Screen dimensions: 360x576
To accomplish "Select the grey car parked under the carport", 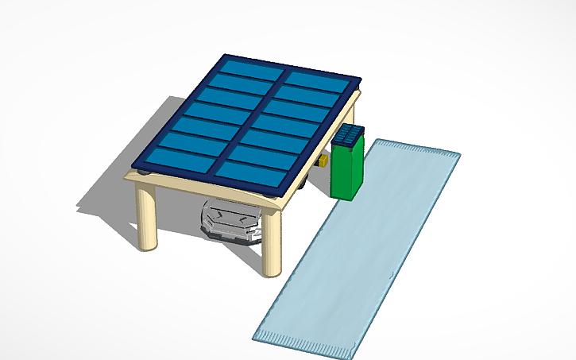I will pyautogui.click(x=231, y=220).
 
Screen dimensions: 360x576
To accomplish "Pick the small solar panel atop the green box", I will pyautogui.click(x=349, y=136).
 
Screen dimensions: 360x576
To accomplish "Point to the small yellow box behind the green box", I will pyautogui.click(x=323, y=161).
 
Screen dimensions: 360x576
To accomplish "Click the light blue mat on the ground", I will pyautogui.click(x=358, y=246).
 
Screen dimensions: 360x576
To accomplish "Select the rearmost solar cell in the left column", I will pyautogui.click(x=253, y=69).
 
